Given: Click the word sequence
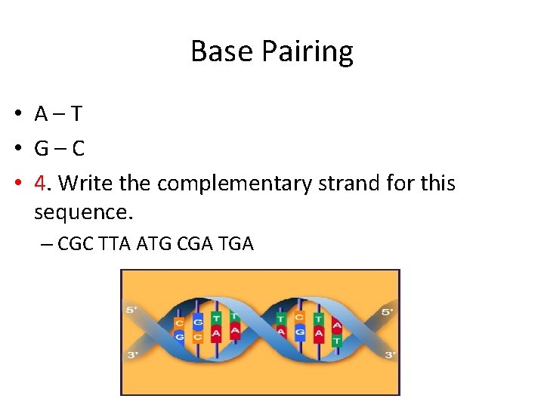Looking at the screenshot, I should click(83, 212).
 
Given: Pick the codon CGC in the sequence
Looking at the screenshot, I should click(76, 244).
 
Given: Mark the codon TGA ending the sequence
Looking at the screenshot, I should click(236, 244).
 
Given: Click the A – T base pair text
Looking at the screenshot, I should click(58, 114).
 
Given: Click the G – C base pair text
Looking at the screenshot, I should click(59, 148).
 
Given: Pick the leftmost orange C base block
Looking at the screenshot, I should click(179, 323).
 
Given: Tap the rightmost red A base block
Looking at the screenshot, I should click(337, 325).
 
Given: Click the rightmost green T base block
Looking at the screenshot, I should click(336, 342).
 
